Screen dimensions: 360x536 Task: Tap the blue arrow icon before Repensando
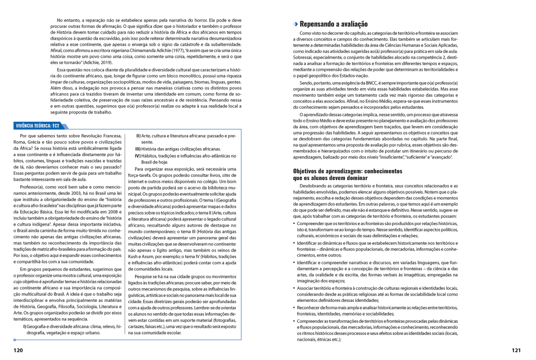pyautogui.click(x=296, y=24)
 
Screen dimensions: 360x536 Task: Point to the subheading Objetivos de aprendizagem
pyautogui.click(x=348, y=171)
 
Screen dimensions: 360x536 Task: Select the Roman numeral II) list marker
pyautogui.click(x=139, y=136)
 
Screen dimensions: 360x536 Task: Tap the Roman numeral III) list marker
pyautogui.click(x=139, y=149)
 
